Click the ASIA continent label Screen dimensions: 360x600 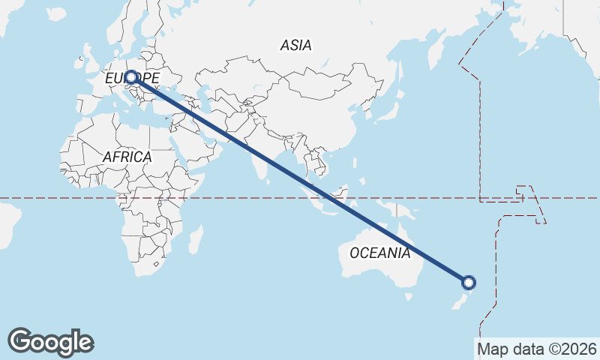point(295,45)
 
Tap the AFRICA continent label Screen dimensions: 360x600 point(127,157)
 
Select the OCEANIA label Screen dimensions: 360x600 point(380,253)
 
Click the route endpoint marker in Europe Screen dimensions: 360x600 point(131,77)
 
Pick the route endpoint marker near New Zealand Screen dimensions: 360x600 point(469,283)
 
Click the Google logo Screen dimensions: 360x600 point(51,342)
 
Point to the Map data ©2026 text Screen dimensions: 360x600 point(536,349)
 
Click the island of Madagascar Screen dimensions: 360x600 point(196,240)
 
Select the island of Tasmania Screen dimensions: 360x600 point(408,297)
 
